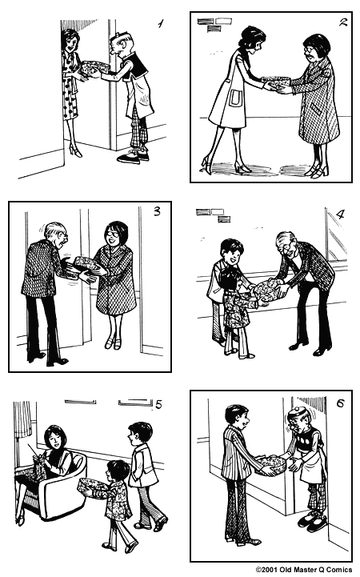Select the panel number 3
tap(156, 212)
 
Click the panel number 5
tap(158, 404)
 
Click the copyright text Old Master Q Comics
tap(305, 570)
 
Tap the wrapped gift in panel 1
tap(92, 67)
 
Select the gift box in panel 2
tap(276, 82)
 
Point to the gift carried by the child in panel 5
tap(92, 486)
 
